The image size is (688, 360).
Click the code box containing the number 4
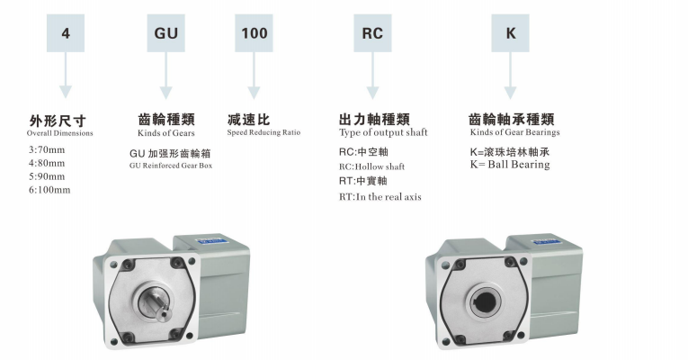tap(66, 33)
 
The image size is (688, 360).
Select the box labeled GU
tap(165, 33)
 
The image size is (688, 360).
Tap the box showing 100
tap(254, 33)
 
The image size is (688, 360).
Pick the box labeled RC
tap(372, 33)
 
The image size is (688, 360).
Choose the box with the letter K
tap(510, 33)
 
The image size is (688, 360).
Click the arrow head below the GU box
tap(165, 93)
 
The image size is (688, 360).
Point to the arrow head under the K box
tap(510, 93)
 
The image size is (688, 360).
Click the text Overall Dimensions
tap(59, 133)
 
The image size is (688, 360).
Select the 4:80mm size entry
tap(47, 163)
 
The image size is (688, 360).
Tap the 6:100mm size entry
tap(49, 190)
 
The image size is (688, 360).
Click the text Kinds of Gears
tap(165, 133)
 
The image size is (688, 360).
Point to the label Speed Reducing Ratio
tap(264, 132)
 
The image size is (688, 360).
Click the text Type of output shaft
tap(383, 132)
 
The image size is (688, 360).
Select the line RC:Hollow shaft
tap(371, 166)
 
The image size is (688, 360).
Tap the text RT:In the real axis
tap(380, 197)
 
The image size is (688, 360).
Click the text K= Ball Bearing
tap(510, 165)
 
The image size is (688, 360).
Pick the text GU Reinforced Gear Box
tap(171, 166)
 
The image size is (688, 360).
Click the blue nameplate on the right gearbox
tap(544, 241)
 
